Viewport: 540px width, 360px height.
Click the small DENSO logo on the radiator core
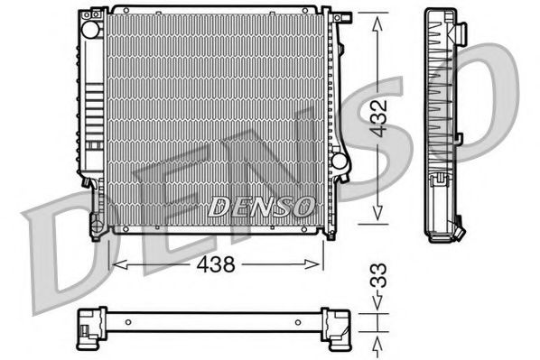[x=261, y=207]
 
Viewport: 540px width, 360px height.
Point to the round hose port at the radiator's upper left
[x=90, y=29]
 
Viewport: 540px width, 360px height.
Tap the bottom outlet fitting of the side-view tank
[x=458, y=231]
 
